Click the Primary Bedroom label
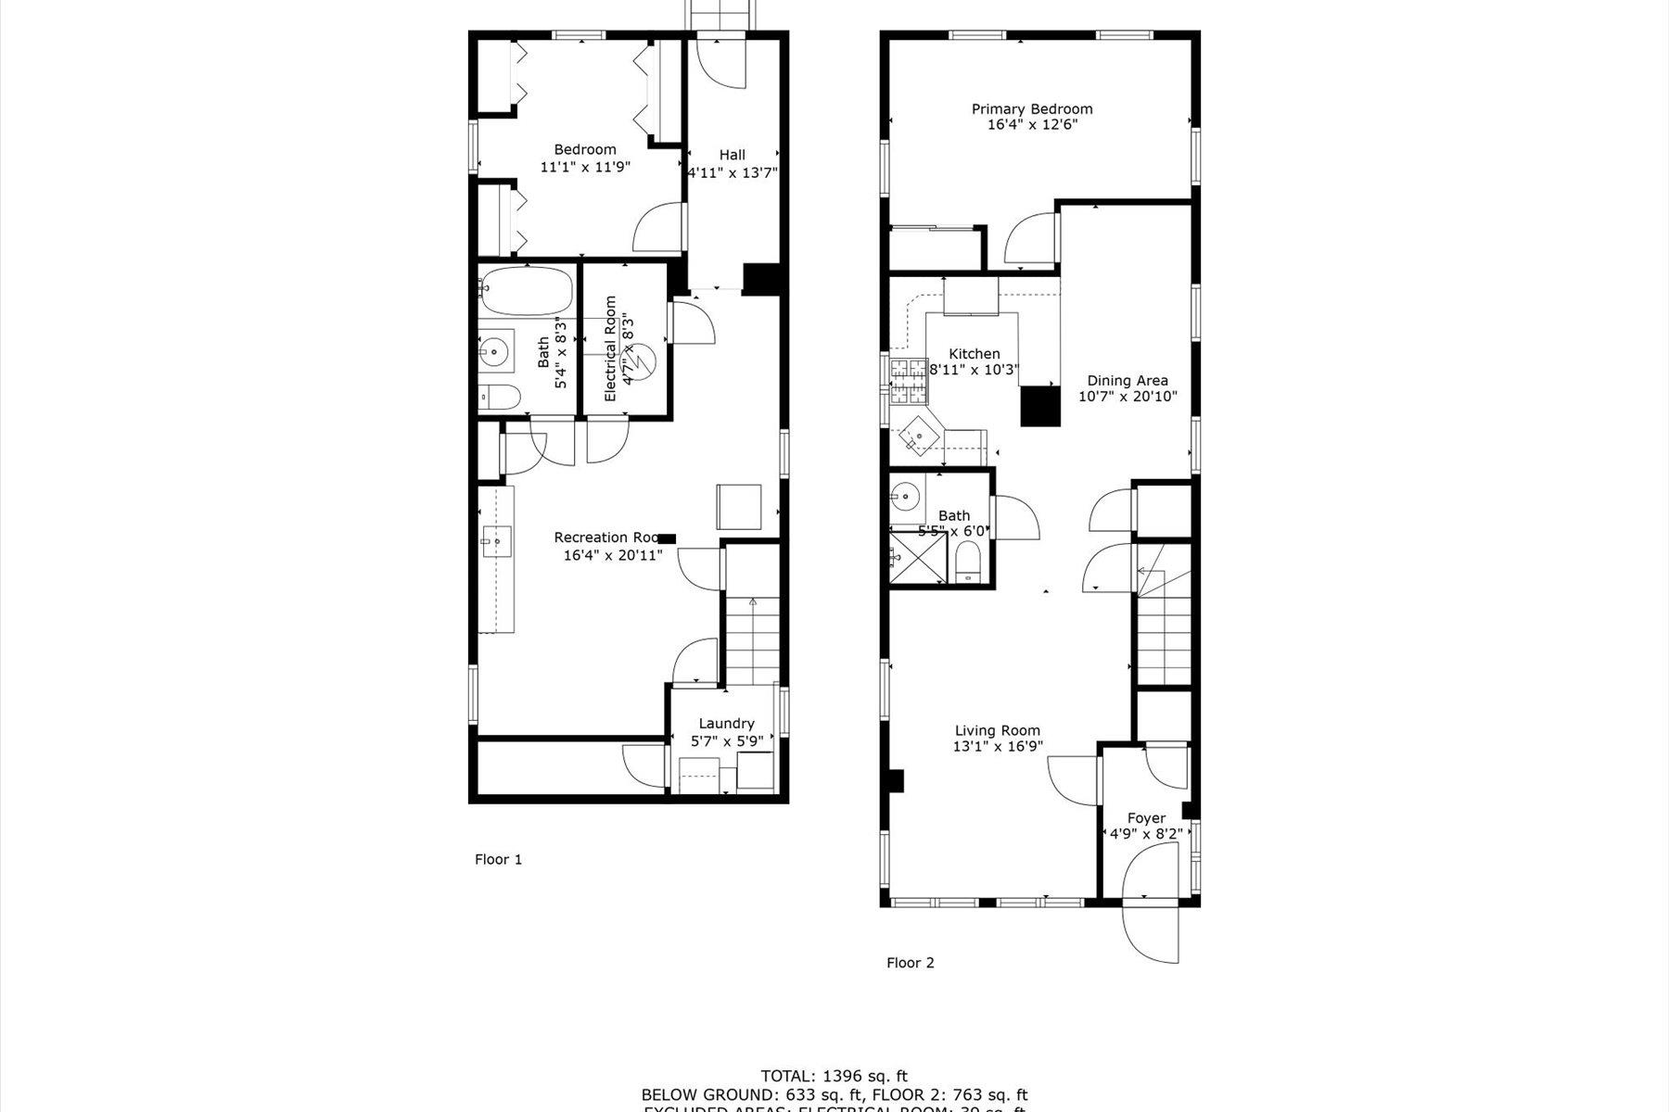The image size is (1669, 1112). (1032, 108)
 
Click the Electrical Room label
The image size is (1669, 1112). (610, 348)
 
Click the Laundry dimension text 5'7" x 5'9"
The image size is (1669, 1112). (727, 741)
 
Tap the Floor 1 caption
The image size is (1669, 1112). (499, 859)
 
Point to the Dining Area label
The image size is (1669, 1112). (1128, 380)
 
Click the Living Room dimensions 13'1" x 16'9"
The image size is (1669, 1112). (997, 746)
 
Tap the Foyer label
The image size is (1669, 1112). (1146, 818)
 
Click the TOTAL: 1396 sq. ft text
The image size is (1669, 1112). (834, 1076)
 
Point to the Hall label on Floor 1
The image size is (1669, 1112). (732, 155)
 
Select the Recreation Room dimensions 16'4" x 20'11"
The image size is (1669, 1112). (613, 556)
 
